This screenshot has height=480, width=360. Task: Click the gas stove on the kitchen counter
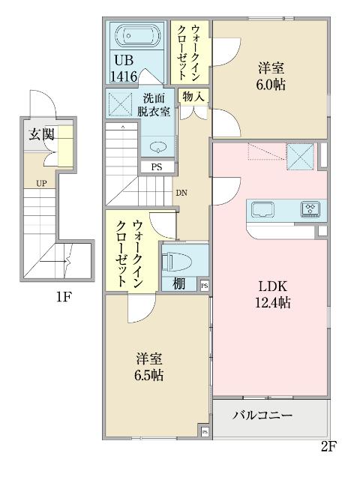click(310, 208)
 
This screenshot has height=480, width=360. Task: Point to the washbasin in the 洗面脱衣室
click(158, 146)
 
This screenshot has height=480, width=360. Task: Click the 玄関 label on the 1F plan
click(41, 135)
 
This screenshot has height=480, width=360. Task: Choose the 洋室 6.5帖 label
click(151, 366)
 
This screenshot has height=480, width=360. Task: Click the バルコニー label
click(262, 414)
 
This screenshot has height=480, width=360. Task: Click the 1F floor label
click(64, 297)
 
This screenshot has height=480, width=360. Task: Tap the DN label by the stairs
click(181, 192)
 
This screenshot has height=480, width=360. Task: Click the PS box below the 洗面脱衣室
click(156, 167)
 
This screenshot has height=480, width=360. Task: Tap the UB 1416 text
click(124, 68)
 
